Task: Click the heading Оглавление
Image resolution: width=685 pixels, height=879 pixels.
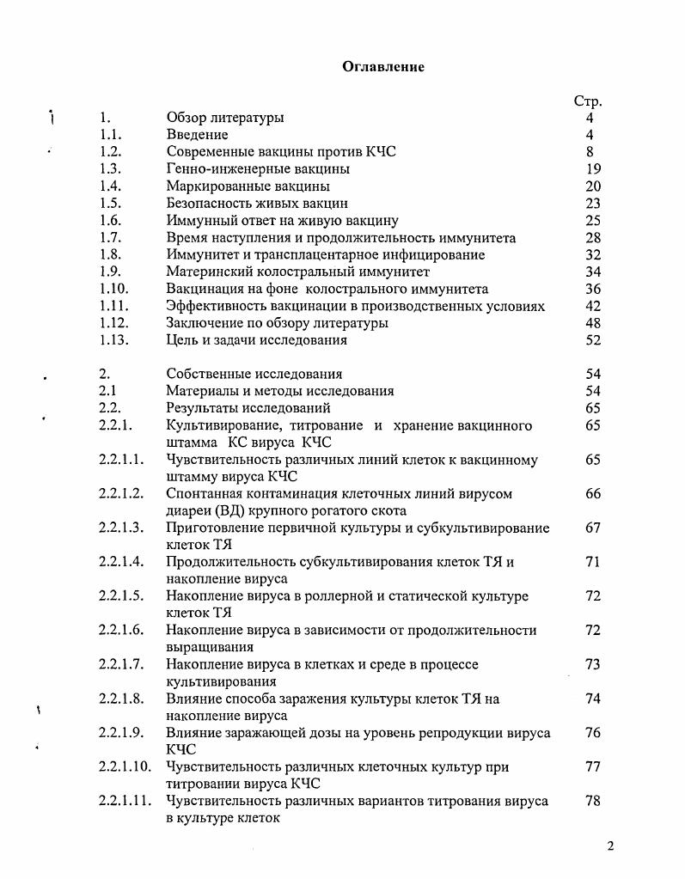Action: (383, 67)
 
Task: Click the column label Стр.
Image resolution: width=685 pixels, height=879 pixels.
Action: (588, 101)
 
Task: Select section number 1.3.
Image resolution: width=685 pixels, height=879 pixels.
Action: (110, 169)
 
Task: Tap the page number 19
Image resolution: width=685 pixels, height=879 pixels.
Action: (592, 169)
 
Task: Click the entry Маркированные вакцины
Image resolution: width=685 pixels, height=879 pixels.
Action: (248, 186)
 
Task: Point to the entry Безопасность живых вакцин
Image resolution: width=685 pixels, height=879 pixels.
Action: (257, 204)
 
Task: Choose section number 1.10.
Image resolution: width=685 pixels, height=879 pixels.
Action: (113, 289)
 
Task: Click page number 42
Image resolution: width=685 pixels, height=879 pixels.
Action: (592, 306)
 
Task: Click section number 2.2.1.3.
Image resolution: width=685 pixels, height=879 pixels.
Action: (120, 528)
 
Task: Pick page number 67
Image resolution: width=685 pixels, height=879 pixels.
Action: (592, 528)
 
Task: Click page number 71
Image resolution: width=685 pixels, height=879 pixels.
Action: (592, 562)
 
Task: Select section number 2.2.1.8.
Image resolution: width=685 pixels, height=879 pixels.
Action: (120, 699)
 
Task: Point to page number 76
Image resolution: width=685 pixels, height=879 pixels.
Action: (592, 733)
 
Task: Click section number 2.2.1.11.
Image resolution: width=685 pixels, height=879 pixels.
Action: (125, 801)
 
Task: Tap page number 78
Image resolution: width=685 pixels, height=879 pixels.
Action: (592, 801)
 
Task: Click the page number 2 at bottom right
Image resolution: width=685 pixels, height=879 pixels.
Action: (610, 845)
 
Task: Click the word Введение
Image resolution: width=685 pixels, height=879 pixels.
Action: (197, 135)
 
